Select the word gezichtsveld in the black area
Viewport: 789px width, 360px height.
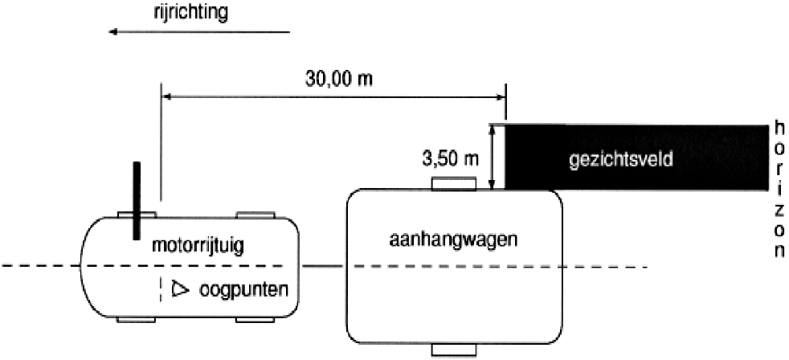tap(620, 160)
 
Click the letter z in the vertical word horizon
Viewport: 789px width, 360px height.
tap(779, 208)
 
